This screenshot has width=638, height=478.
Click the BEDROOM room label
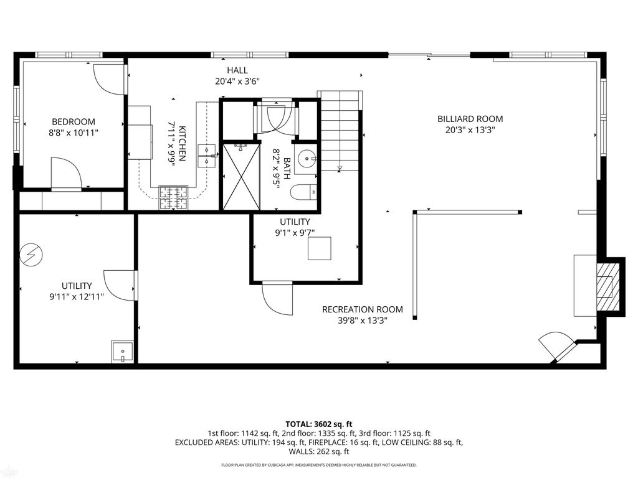[x=74, y=121]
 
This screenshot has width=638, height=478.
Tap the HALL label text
[x=237, y=70]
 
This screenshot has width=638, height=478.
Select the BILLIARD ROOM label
[x=470, y=119]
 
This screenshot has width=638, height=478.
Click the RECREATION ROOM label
[x=363, y=309]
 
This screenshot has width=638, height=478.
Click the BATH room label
[x=287, y=169]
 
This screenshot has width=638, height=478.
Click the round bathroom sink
[x=306, y=159]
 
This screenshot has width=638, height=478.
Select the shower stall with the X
[x=241, y=176]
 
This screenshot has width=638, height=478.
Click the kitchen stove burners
[x=174, y=198]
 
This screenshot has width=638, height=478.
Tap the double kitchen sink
[x=207, y=156]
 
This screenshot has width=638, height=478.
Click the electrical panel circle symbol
[x=31, y=255]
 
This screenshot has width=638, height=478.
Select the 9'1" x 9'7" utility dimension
[x=295, y=233]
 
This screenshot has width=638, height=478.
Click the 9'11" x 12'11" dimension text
[x=77, y=297]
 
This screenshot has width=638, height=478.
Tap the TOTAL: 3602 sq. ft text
[x=319, y=424]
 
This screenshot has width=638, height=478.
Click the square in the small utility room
[x=320, y=248]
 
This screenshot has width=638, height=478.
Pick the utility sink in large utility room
[x=123, y=352]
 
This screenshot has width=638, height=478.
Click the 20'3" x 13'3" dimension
[x=470, y=130]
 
